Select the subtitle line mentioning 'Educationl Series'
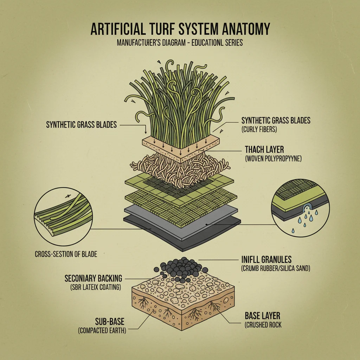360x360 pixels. pos(180,43)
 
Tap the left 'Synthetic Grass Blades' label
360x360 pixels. pos(81,125)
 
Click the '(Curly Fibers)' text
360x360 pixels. pos(259,129)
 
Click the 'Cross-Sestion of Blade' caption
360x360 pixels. pos(66,254)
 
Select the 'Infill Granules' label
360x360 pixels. pos(266,260)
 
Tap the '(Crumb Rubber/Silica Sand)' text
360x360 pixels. pos(275,269)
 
